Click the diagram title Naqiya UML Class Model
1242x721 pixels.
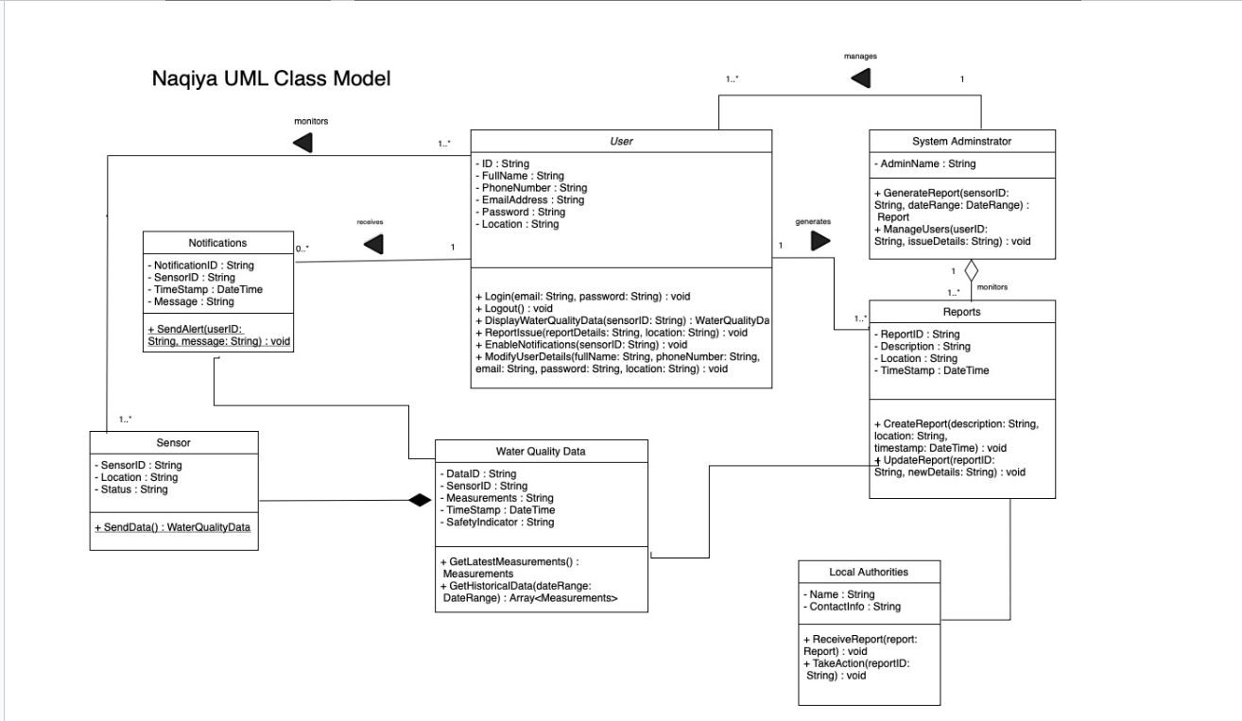tap(271, 79)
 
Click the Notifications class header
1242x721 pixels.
tap(218, 242)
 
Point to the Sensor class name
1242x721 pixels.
tap(173, 441)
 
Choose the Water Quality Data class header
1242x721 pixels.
tap(541, 451)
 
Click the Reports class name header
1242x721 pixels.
tap(961, 311)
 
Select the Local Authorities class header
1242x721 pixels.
tap(870, 572)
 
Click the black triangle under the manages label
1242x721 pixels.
tap(860, 78)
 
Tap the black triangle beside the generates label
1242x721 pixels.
tap(820, 241)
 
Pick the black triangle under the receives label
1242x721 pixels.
tap(374, 245)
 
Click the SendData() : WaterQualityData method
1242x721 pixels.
tap(172, 527)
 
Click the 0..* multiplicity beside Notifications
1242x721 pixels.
tap(303, 248)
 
